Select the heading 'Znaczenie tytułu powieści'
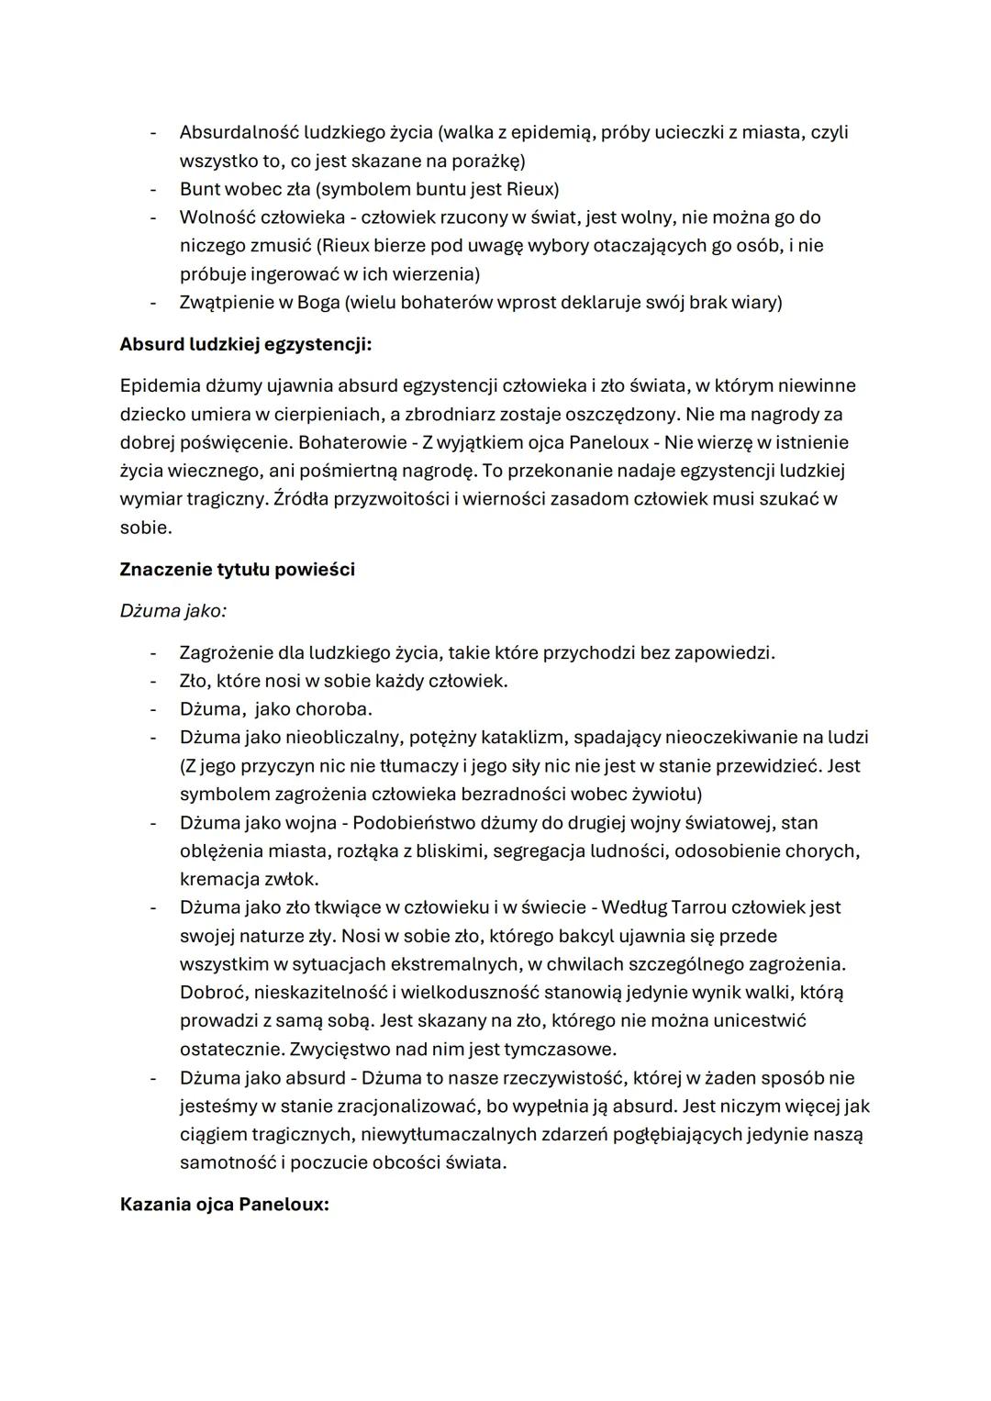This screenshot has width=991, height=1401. pos(237,569)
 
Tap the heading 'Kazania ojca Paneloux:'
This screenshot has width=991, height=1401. pos(224,1204)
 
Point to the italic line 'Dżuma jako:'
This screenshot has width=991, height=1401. pos(173,610)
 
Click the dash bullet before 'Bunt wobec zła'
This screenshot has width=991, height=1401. pos(153,189)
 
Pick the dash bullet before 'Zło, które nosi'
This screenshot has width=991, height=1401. pos(153,681)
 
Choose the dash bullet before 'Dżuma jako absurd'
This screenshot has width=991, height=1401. pos(153,1077)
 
